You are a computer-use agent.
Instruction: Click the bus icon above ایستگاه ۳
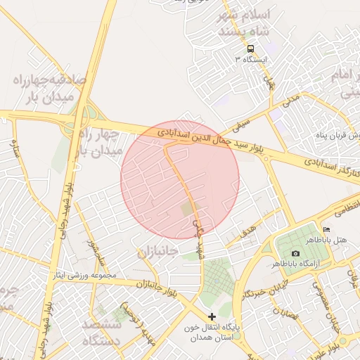250,48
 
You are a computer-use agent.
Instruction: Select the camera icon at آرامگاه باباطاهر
295,253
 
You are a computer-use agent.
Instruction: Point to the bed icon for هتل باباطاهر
326,230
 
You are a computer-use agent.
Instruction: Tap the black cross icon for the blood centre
212,317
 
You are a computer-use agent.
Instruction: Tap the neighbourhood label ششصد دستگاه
101,333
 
